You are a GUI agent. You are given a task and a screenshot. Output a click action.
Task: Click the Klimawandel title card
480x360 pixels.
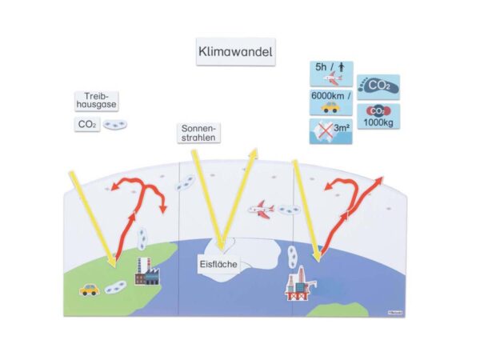[236, 52]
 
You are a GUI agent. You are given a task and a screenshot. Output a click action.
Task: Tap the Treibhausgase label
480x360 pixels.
[97, 101]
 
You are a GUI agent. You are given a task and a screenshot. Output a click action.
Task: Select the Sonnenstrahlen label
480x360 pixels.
[198, 133]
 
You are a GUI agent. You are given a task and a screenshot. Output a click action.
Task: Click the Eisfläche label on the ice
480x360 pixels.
[218, 264]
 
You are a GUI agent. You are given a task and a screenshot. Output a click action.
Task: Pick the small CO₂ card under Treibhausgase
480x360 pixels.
[87, 124]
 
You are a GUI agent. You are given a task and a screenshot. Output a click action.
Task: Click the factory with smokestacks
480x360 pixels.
[147, 271]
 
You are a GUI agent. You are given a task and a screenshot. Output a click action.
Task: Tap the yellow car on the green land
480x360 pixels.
[90, 290]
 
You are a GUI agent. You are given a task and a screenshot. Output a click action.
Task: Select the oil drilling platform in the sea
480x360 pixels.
[301, 283]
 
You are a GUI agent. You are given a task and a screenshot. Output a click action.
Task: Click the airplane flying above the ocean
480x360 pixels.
[261, 210]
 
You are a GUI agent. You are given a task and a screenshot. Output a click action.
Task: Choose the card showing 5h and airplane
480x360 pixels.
[331, 74]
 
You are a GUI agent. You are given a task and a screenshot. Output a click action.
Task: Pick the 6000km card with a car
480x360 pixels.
[331, 103]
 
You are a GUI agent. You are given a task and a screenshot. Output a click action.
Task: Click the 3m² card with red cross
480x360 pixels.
[331, 131]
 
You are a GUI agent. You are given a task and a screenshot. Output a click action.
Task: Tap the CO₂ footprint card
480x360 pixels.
[378, 87]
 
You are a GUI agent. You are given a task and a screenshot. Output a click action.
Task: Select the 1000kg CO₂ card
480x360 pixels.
[378, 116]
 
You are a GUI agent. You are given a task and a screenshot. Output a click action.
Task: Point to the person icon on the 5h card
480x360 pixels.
[342, 67]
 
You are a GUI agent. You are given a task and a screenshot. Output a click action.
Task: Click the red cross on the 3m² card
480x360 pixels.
[325, 130]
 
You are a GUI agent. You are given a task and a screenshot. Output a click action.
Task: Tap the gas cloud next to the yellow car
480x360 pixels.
[115, 287]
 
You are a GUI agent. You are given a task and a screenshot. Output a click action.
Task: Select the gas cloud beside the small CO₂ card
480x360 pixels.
[114, 124]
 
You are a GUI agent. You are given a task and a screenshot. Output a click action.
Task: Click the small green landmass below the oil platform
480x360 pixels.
[338, 310]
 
